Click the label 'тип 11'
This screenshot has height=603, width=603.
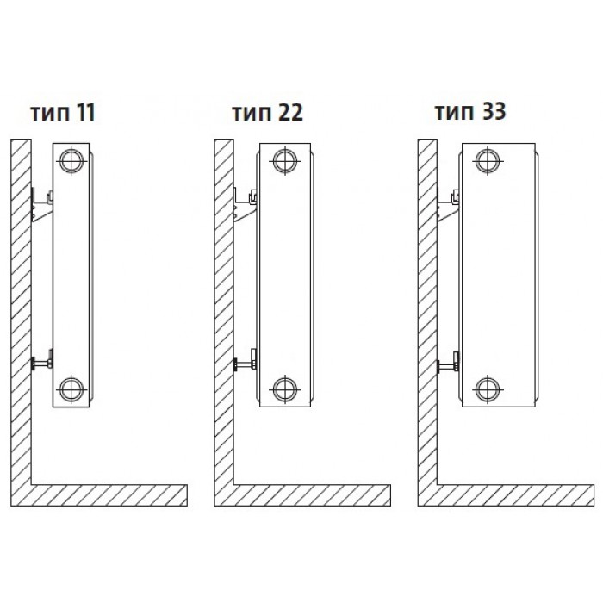(63, 113)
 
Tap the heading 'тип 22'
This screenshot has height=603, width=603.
(268, 113)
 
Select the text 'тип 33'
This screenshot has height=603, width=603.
(470, 111)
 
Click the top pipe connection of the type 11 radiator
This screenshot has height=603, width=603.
(71, 160)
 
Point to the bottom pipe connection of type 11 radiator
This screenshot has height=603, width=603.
(71, 389)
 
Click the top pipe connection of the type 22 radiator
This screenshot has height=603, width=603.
(285, 160)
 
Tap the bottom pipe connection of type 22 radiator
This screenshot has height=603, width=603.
(285, 389)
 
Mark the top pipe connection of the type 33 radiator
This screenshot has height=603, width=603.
(488, 160)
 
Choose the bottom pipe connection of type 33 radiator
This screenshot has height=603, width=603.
(488, 389)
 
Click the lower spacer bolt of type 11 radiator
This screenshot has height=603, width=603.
(41, 362)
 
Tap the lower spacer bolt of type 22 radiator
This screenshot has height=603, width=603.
(245, 362)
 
